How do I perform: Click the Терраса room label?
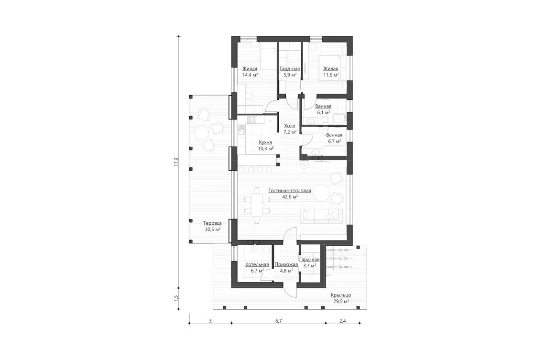(x=212, y=223)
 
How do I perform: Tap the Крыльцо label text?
(x=340, y=295)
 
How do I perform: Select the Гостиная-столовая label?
(x=290, y=190)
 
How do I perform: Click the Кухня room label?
(x=265, y=142)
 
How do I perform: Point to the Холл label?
(x=290, y=126)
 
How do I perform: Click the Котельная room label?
(x=257, y=264)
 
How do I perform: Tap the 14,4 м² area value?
(x=250, y=75)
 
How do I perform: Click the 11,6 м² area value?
(x=331, y=75)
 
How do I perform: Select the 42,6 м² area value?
(x=290, y=196)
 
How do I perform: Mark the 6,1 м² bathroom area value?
(x=324, y=112)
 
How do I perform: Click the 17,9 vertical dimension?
(x=176, y=162)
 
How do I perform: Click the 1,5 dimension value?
(x=176, y=297)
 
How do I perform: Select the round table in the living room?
(x=321, y=194)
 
